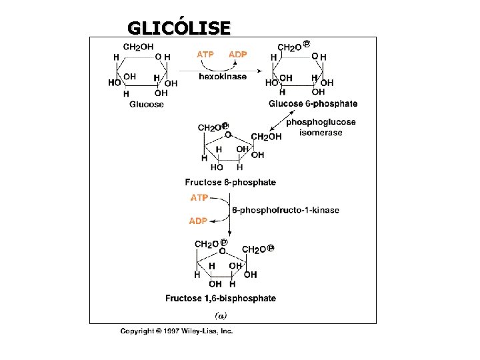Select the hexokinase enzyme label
tap(223, 77)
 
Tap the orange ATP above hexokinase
tap(205, 55)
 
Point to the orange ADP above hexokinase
tap(238, 55)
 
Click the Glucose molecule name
tap(146, 105)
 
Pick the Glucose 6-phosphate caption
tap(313, 104)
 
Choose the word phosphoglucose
tap(321, 122)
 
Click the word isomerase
tap(321, 133)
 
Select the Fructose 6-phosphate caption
tap(230, 183)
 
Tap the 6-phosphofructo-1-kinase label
tap(285, 210)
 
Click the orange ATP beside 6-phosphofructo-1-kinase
tap(199, 198)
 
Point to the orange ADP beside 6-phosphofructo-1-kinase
tap(198, 221)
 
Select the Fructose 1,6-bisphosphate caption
tap(221, 298)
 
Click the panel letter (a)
tap(221, 315)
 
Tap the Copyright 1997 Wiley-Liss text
tap(177, 331)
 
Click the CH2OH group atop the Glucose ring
tap(138, 47)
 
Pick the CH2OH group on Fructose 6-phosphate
tap(266, 137)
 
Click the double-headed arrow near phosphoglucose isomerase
tap(282, 121)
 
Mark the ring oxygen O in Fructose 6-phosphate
tap(228, 135)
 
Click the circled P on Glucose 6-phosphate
tap(307, 44)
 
